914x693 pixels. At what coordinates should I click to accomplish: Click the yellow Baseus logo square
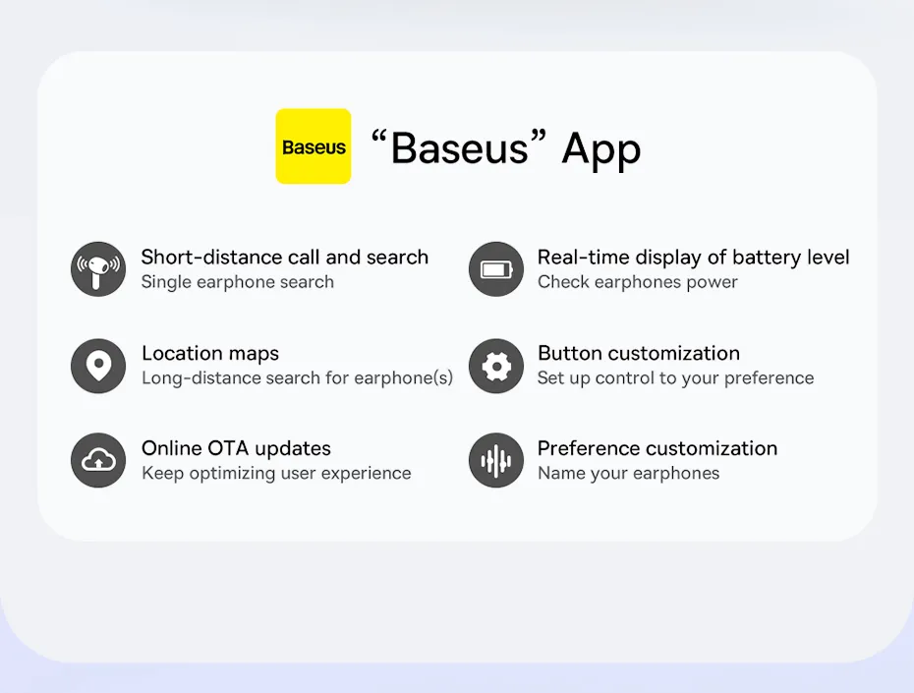pyautogui.click(x=314, y=146)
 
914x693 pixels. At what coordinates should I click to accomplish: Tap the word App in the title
pyautogui.click(x=600, y=149)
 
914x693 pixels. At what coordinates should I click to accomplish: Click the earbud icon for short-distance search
pyautogui.click(x=98, y=269)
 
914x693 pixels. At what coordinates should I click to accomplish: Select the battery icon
pyautogui.click(x=496, y=269)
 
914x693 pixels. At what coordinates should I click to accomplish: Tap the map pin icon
pyautogui.click(x=98, y=366)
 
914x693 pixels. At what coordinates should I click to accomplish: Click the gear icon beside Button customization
pyautogui.click(x=496, y=366)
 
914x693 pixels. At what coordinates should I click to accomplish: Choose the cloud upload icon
pyautogui.click(x=98, y=460)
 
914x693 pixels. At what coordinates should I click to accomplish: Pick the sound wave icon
pyautogui.click(x=496, y=460)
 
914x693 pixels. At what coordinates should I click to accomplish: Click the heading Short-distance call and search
pyautogui.click(x=284, y=257)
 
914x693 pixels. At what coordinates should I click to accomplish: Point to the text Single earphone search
pyautogui.click(x=237, y=282)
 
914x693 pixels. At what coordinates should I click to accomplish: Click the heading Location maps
pyautogui.click(x=210, y=354)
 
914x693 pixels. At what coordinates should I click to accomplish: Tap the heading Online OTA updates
pyautogui.click(x=236, y=449)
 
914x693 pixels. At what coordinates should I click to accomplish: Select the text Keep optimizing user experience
pyautogui.click(x=276, y=473)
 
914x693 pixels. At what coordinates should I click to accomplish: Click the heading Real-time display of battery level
pyautogui.click(x=693, y=257)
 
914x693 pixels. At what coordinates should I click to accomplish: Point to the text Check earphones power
pyautogui.click(x=637, y=282)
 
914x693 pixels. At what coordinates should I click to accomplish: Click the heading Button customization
pyautogui.click(x=638, y=353)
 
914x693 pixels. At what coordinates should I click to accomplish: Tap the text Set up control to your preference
pyautogui.click(x=675, y=378)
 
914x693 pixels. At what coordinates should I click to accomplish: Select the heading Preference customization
pyautogui.click(x=657, y=449)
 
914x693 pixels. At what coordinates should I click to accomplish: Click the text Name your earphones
pyautogui.click(x=628, y=473)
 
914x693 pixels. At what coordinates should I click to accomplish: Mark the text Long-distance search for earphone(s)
pyautogui.click(x=297, y=378)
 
